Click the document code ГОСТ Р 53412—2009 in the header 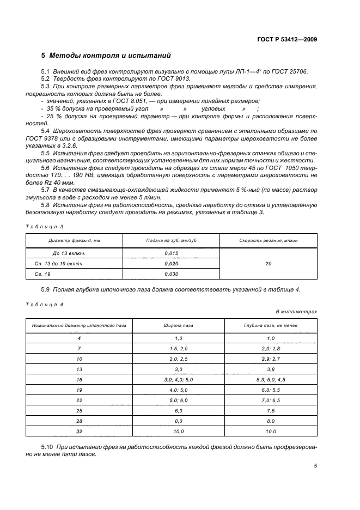tap(286, 39)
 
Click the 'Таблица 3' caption tap(45, 226)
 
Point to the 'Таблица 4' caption tap(45, 305)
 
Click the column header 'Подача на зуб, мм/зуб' tap(171, 240)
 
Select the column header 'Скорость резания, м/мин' tap(269, 240)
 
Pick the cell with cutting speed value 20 tap(269, 264)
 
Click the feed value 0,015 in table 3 tap(171, 254)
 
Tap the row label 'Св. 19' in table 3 tap(42, 274)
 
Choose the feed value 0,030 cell tap(171, 274)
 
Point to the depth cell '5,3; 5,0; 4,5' tap(269, 379)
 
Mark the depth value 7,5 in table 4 tap(269, 410)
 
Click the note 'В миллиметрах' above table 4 tap(296, 312)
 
